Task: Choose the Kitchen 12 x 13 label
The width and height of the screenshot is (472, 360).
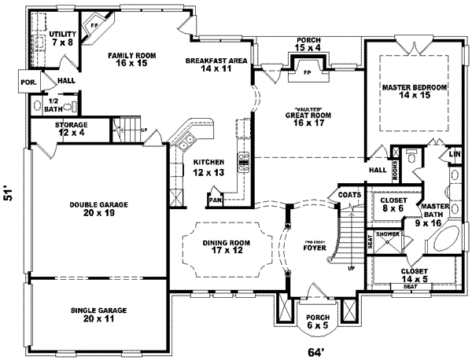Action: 210,167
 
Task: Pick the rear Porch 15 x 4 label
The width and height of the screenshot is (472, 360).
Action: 308,43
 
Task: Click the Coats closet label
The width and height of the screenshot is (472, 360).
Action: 349,194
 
